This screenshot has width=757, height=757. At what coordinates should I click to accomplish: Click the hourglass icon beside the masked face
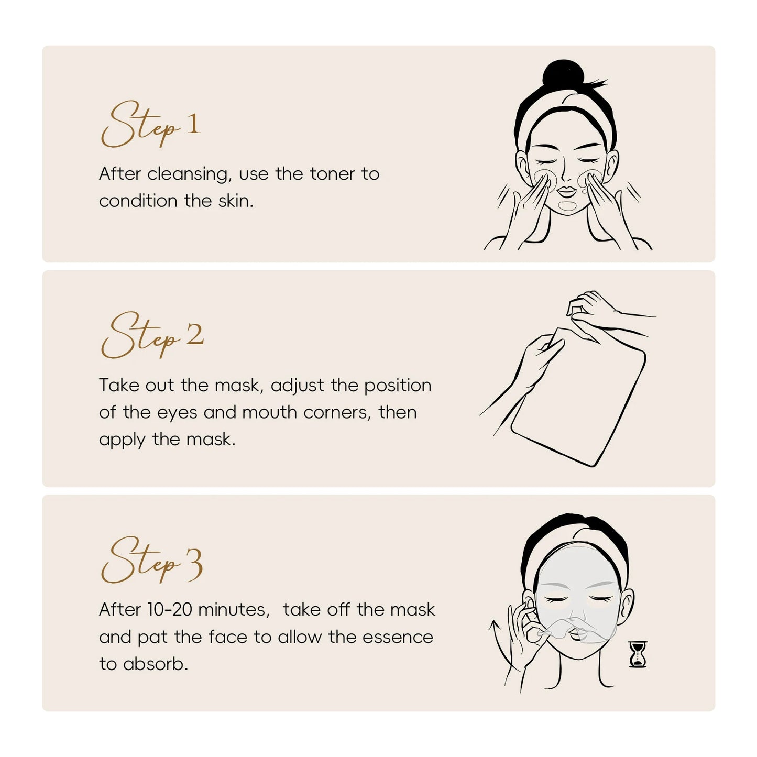coord(638,654)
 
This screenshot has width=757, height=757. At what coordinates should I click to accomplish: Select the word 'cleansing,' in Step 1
coord(189,174)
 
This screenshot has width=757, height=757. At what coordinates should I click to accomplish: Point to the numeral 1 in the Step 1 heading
coord(193,125)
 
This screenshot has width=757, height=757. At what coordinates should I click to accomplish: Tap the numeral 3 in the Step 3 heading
coord(193,564)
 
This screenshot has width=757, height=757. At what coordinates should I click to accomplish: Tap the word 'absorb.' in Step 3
coord(156,664)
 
